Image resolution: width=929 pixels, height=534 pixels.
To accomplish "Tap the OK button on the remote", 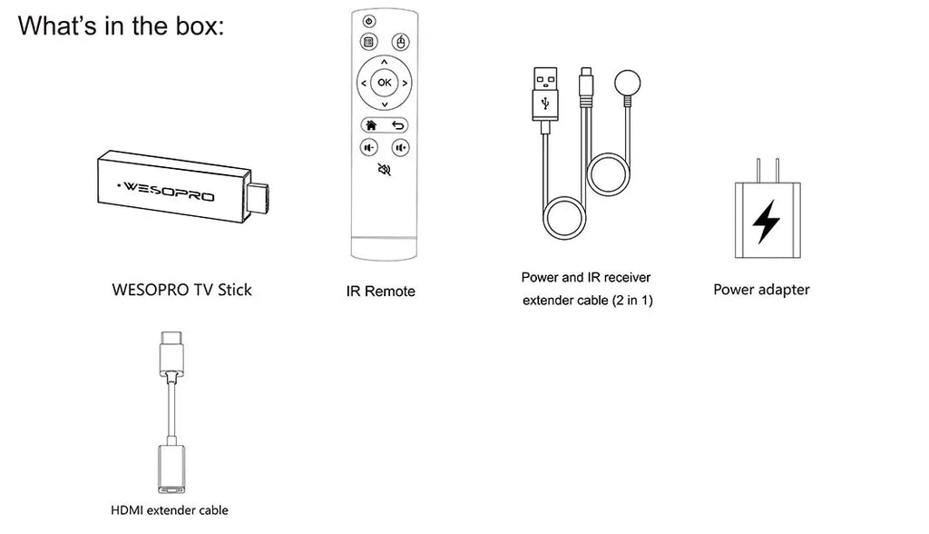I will pyautogui.click(x=384, y=83).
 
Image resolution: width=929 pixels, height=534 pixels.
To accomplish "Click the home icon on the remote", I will pyautogui.click(x=371, y=124).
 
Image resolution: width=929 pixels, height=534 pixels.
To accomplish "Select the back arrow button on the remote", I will pyautogui.click(x=397, y=124).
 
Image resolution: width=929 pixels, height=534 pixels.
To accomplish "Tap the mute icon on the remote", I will pyautogui.click(x=384, y=169).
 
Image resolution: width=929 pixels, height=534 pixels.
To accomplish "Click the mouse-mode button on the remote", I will pyautogui.click(x=399, y=42).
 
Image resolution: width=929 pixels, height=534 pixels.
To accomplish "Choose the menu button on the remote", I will pyautogui.click(x=368, y=42).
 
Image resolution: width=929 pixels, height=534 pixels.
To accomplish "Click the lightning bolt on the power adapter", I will pyautogui.click(x=767, y=219).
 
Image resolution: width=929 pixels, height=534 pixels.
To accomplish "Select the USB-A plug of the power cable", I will pyautogui.click(x=545, y=92).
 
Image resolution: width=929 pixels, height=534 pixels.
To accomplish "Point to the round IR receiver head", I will pyautogui.click(x=626, y=84).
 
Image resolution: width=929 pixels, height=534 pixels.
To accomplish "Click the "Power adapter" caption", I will pyautogui.click(x=761, y=290).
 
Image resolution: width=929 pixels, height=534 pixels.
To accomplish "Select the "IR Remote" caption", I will pyautogui.click(x=381, y=292).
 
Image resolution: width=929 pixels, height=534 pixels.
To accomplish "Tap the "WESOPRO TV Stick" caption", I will pyautogui.click(x=181, y=291).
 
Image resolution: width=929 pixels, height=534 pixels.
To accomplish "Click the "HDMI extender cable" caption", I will pyautogui.click(x=170, y=510).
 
